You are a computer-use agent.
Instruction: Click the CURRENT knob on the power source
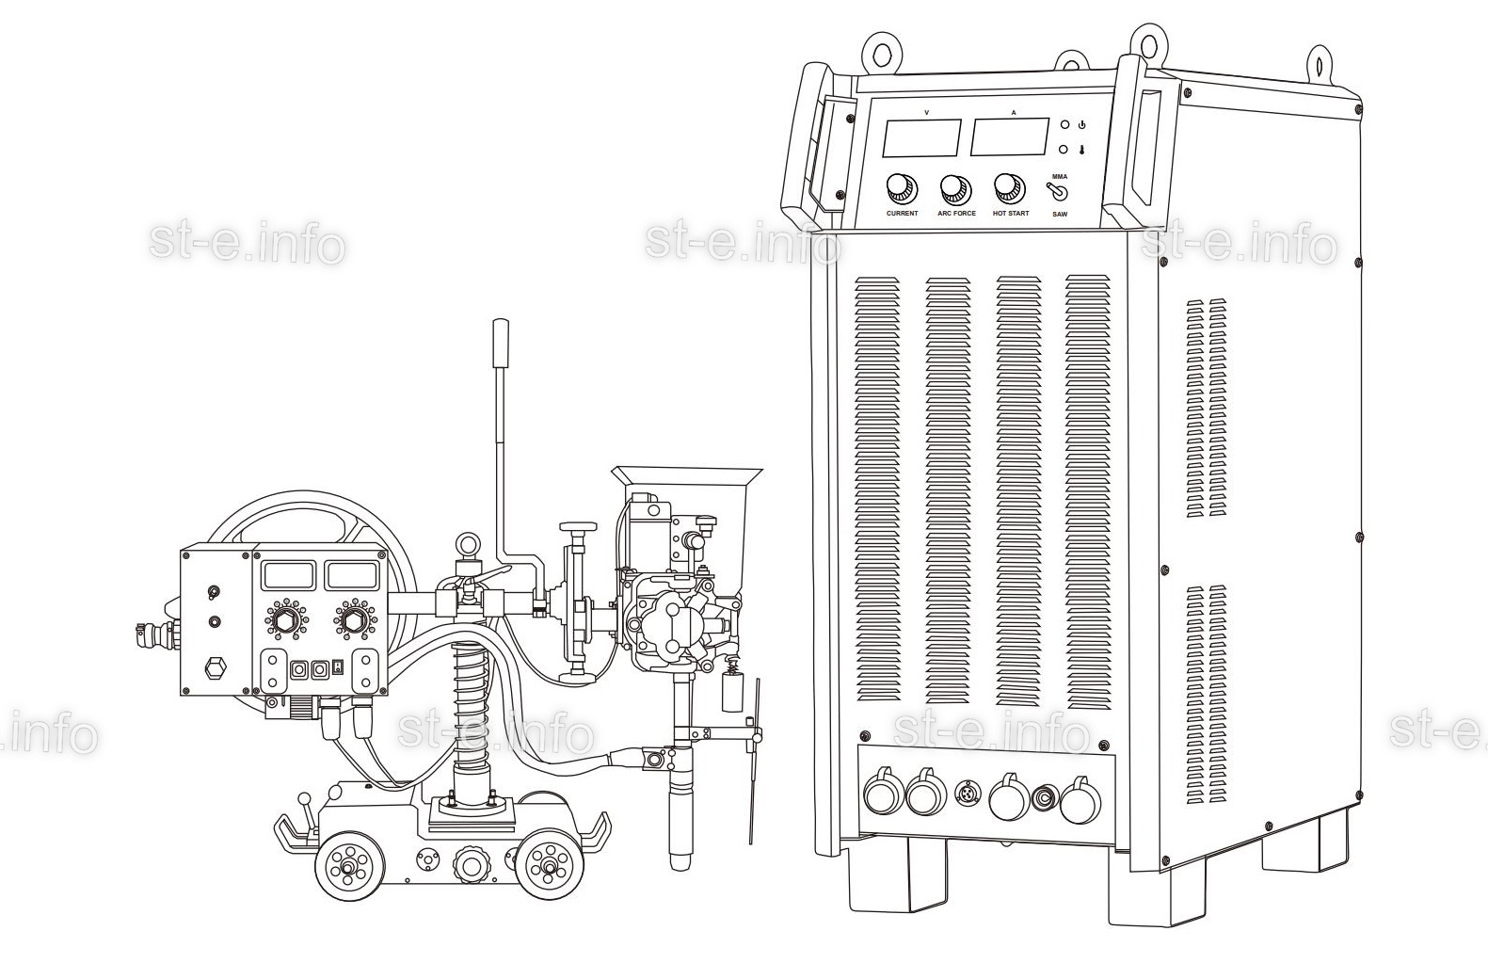click(x=902, y=189)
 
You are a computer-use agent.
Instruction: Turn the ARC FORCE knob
click(x=955, y=189)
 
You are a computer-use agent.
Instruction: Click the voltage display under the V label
click(x=922, y=137)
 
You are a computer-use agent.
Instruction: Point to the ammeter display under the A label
click(x=1010, y=136)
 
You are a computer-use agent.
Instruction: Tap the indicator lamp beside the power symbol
click(x=1064, y=124)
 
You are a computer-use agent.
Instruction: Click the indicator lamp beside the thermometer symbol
click(x=1064, y=151)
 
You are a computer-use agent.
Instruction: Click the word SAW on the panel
click(x=1060, y=215)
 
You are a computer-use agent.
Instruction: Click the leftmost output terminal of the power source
click(x=884, y=790)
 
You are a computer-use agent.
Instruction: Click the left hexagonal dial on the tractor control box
click(x=285, y=619)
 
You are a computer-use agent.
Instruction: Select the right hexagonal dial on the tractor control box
click(x=356, y=618)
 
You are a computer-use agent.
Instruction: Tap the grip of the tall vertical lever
click(x=500, y=343)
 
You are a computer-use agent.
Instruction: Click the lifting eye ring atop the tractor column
click(x=464, y=541)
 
